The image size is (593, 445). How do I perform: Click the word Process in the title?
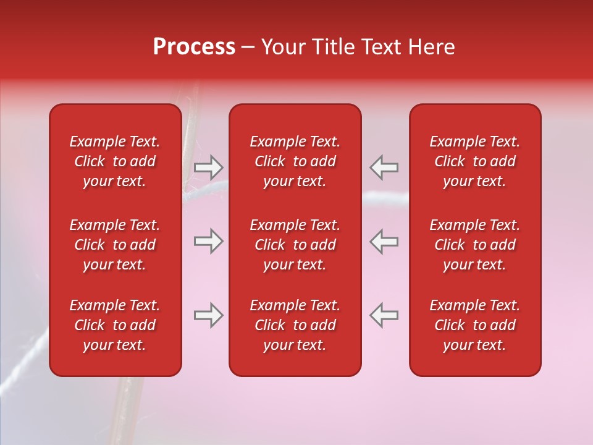coord(194,47)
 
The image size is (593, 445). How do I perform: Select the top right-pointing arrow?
coord(209,167)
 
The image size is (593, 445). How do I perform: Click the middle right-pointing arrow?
coord(209,242)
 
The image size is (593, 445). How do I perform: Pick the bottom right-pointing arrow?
coord(209,316)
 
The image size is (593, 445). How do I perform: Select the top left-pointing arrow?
coord(384,167)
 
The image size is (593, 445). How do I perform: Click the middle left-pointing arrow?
coord(384,242)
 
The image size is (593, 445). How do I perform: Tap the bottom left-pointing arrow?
coord(384,316)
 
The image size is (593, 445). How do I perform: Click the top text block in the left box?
coord(115,161)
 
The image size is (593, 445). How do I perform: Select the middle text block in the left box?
coord(115,245)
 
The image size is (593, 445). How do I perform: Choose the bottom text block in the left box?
coord(115,325)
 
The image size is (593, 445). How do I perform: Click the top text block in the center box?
coord(295,161)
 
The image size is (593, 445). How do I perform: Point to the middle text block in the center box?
coord(295,245)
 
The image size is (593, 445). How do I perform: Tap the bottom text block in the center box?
coord(295,325)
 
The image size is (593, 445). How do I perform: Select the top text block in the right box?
coord(475,161)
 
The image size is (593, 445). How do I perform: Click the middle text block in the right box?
coord(475,245)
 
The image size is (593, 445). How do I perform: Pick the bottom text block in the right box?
coord(475,325)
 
